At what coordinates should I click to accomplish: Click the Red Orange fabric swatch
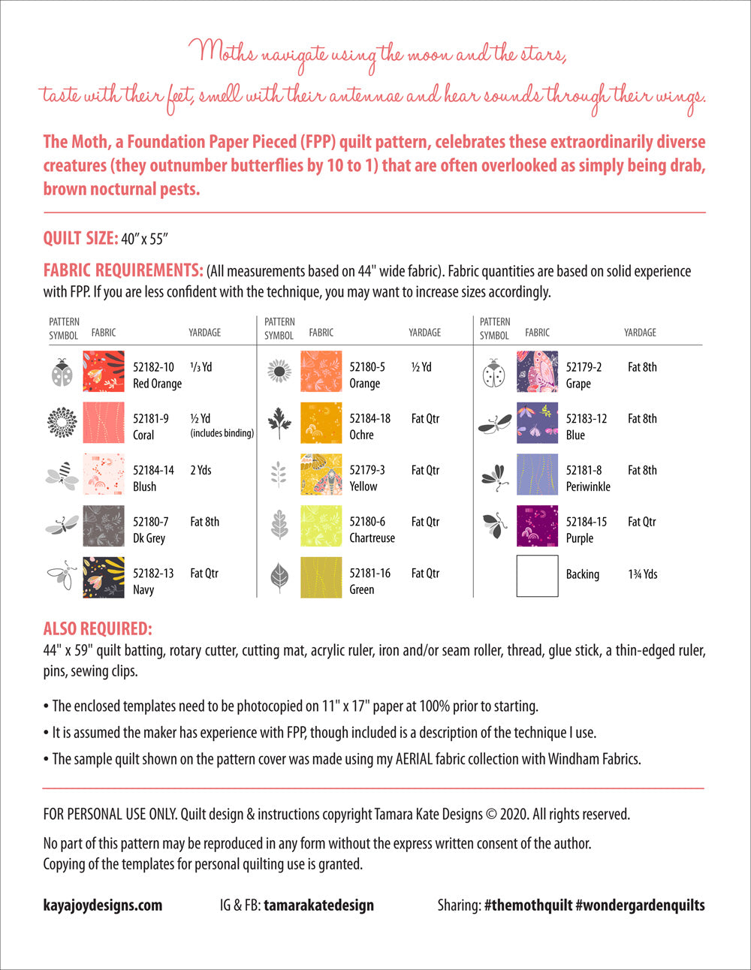click(104, 372)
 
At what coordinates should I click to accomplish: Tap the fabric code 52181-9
click(151, 419)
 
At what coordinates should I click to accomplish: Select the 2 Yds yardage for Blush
click(201, 471)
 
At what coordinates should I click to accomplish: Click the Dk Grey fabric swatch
click(104, 526)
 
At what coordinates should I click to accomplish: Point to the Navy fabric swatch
click(104, 577)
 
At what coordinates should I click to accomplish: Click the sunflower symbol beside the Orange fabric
click(279, 372)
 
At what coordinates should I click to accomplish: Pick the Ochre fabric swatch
click(321, 423)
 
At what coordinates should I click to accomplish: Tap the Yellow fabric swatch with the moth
click(321, 474)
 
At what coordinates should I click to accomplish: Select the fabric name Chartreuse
click(372, 538)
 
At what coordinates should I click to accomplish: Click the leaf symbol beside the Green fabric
click(279, 577)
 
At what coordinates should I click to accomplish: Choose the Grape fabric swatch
click(537, 372)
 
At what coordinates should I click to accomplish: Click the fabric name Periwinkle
click(588, 487)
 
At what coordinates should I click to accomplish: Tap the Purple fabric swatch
click(537, 526)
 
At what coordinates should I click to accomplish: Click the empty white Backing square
click(537, 576)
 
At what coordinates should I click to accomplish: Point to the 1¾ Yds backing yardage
click(643, 574)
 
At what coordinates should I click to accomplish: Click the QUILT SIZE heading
click(80, 239)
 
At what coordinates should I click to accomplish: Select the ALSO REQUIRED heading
click(98, 629)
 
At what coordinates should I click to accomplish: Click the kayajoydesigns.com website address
click(103, 905)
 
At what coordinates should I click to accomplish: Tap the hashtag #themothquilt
click(528, 905)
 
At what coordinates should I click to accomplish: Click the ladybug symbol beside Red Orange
click(62, 372)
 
